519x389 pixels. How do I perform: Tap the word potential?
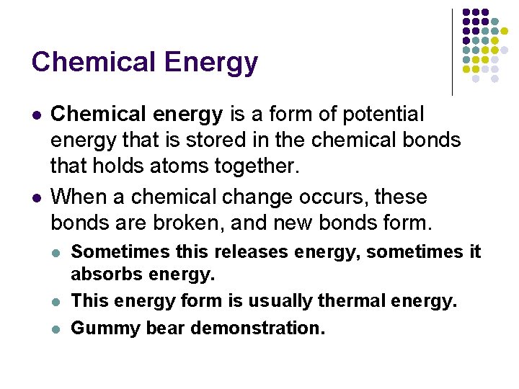click(384, 114)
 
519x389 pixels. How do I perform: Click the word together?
click(257, 166)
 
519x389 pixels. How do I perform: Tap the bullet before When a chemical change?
click(37, 197)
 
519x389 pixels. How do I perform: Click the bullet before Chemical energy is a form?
click(37, 115)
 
